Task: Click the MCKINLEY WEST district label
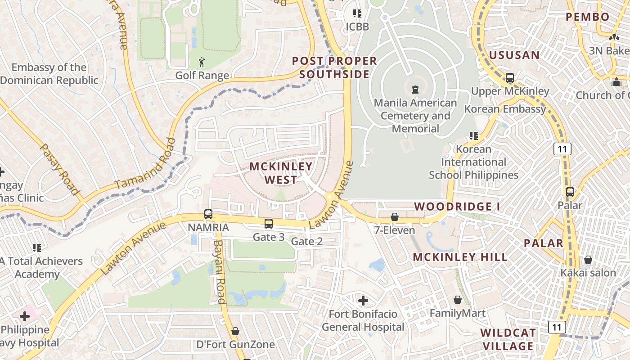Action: [281, 173]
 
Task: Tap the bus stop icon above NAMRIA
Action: [208, 214]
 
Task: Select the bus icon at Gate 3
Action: [269, 223]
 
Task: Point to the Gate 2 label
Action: [307, 242]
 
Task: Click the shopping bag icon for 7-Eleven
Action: [395, 217]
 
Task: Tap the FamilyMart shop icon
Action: [458, 300]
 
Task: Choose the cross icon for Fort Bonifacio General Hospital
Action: [363, 300]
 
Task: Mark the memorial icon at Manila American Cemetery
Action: [415, 89]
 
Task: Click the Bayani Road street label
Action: [219, 272]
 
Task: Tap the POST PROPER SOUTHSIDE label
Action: [334, 67]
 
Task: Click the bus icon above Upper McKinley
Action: [510, 78]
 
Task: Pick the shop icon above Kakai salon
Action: [588, 260]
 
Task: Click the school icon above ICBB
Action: [357, 13]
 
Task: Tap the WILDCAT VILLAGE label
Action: [508, 339]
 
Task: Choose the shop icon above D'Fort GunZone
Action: [235, 332]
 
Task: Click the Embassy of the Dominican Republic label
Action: [49, 74]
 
